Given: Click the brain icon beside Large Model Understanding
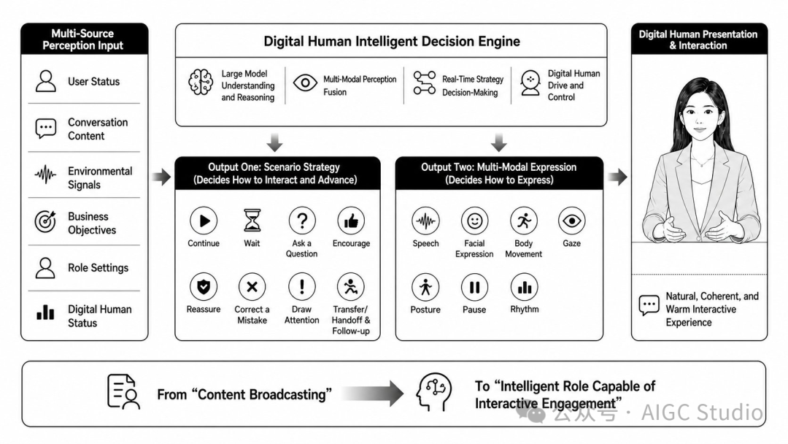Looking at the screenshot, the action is pos(201,82).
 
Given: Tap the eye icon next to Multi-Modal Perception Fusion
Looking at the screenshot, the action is pos(305,83).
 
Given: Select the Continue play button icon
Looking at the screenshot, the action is pos(204,221).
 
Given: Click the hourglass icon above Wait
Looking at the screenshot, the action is pos(252,221).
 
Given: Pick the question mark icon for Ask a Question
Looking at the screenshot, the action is pos(301,221).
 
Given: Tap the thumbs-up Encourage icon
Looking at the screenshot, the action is pos(351,221).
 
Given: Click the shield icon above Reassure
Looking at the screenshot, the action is pos(204,286).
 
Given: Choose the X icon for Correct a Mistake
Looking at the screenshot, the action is pos(252,286).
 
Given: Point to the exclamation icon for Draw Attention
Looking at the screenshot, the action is pos(301,286).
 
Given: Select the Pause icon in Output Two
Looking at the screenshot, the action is pos(474,287).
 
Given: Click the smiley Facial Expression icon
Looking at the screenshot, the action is pos(474,221).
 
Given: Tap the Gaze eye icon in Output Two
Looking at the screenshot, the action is pos(571,221).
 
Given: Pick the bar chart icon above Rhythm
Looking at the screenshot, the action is pos(524,287).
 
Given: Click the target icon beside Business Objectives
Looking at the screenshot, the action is pos(45,221).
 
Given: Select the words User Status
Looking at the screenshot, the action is pos(94,82).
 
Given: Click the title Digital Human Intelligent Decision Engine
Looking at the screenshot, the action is pos(392,41).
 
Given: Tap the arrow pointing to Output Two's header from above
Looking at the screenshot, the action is pos(498,142).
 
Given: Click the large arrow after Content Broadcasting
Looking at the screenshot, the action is pos(372,393).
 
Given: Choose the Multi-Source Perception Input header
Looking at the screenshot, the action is pos(83,39).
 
